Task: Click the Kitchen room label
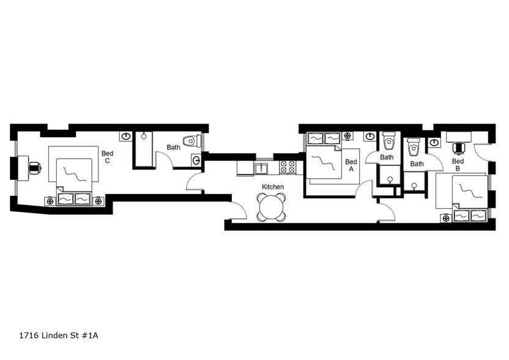(x=272, y=186)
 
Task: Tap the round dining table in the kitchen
(x=271, y=207)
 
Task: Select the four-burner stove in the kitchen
(x=288, y=167)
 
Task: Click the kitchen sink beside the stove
(x=262, y=168)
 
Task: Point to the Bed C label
(x=107, y=157)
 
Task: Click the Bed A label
(x=351, y=166)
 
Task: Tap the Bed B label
(x=458, y=165)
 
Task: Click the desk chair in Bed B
(x=458, y=147)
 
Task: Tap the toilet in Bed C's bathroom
(x=191, y=141)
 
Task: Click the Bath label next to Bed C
(x=174, y=148)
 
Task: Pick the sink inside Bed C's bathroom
(x=196, y=160)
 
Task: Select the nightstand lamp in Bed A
(x=347, y=136)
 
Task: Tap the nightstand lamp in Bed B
(x=445, y=217)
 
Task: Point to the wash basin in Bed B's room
(x=435, y=143)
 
